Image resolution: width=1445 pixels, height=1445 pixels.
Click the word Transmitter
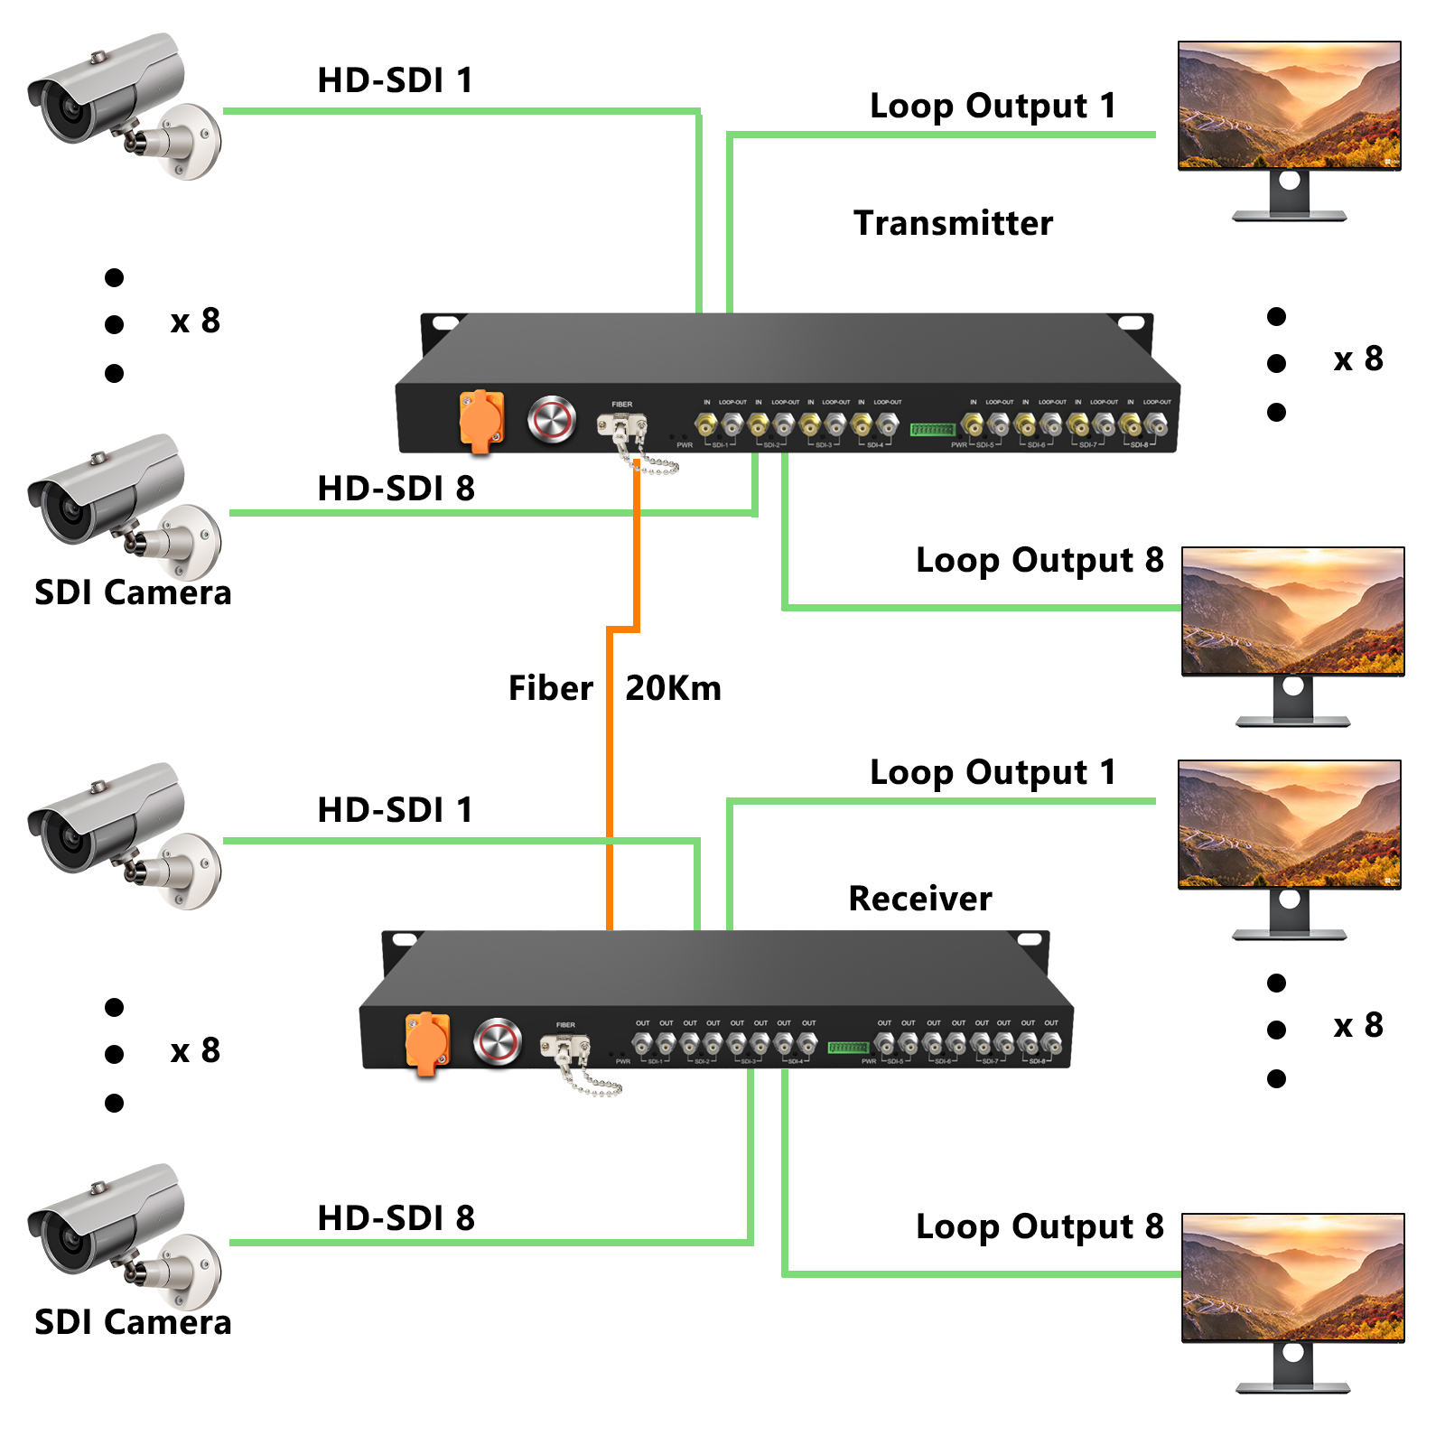click(953, 223)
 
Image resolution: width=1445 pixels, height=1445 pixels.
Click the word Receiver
click(919, 899)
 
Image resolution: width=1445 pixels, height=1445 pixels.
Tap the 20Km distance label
click(673, 688)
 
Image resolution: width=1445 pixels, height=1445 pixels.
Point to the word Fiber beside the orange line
click(550, 688)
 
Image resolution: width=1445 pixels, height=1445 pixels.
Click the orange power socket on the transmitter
click(481, 420)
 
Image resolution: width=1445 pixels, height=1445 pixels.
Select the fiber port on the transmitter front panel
click(621, 424)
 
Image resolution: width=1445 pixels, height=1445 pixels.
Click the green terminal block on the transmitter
click(932, 429)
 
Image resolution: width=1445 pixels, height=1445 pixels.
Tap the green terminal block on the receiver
click(848, 1048)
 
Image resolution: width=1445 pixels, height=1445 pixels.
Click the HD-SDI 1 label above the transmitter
click(395, 80)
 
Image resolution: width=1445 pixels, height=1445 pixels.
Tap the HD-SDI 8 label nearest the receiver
click(395, 1218)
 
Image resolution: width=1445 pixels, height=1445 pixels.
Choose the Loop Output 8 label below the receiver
click(1039, 1226)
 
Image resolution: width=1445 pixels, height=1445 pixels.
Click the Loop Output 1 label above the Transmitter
click(992, 106)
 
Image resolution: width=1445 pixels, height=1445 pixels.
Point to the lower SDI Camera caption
click(133, 1322)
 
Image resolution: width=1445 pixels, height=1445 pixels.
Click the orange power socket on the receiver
click(427, 1042)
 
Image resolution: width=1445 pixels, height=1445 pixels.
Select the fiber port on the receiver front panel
click(565, 1047)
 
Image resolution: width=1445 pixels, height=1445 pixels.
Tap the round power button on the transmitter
click(551, 419)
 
